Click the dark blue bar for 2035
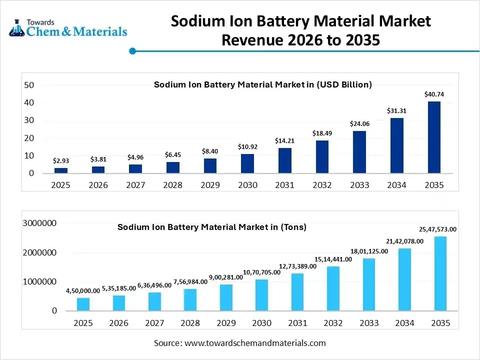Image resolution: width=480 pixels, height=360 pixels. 434,137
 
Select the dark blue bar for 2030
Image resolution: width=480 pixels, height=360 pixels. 247,164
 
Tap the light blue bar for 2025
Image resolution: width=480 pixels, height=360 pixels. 83,304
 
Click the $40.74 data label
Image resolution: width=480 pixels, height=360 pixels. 434,94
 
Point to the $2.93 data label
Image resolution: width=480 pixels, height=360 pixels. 61,160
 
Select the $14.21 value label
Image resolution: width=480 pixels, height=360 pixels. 284,141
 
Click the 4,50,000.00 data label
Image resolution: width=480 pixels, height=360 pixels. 83,290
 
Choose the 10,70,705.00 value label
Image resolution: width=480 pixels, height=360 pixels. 261,272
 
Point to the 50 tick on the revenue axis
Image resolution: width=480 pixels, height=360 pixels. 29,85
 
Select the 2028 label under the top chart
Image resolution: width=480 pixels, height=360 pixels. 173,185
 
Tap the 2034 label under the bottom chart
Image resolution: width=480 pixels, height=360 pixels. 404,323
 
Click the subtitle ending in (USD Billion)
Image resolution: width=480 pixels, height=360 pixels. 263,84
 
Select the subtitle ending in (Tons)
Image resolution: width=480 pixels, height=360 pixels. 212,227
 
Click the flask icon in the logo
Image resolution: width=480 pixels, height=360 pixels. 16,28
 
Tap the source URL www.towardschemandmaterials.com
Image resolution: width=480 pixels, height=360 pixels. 255,343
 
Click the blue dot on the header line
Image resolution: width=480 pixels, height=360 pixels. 132,50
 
